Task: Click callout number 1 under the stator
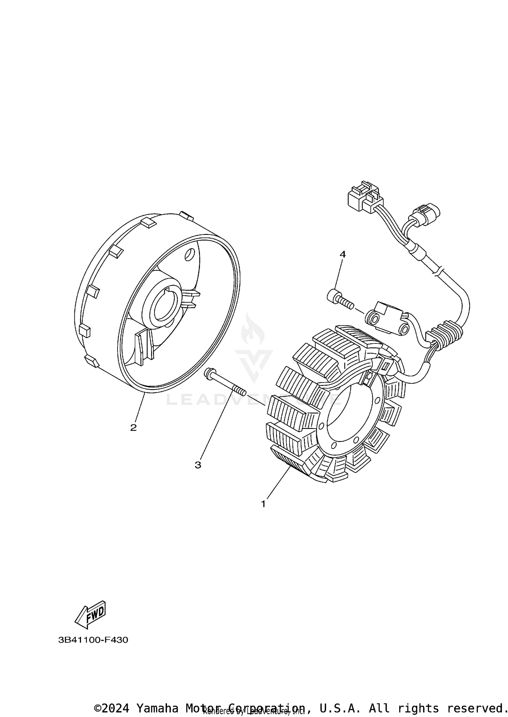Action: coord(263,514)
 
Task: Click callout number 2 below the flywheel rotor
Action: coord(133,427)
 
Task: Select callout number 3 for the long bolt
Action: coord(198,465)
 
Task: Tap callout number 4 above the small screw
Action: coord(343,254)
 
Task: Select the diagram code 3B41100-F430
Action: coord(93,640)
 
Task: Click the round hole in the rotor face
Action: coord(190,254)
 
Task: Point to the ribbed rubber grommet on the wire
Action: coord(446,335)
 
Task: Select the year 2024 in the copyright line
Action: coord(115,708)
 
